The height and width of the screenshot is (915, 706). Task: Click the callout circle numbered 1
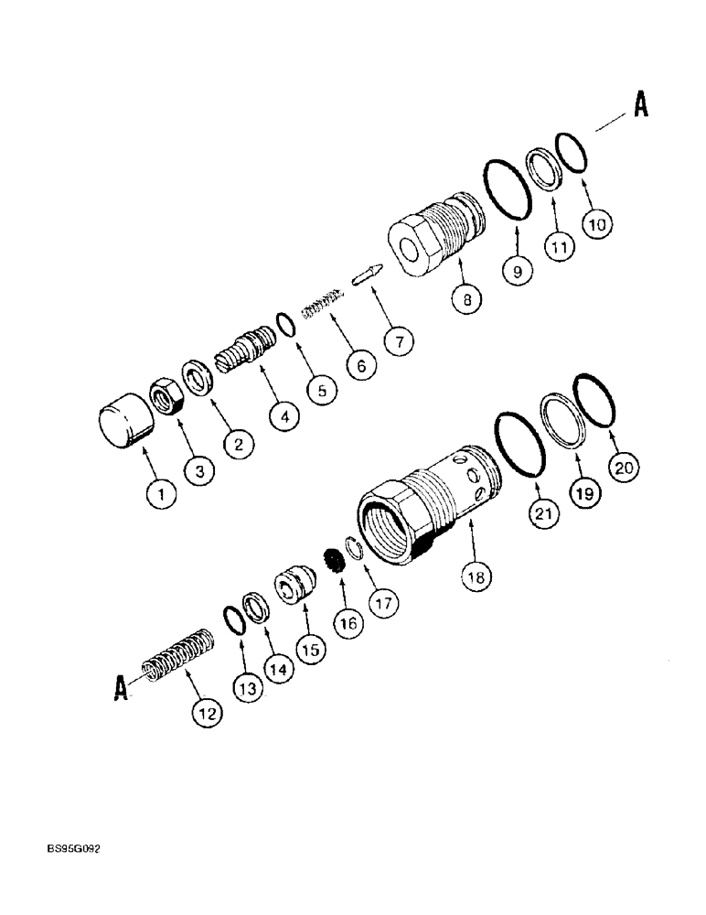(162, 497)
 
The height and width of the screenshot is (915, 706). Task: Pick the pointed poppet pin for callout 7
(368, 274)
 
